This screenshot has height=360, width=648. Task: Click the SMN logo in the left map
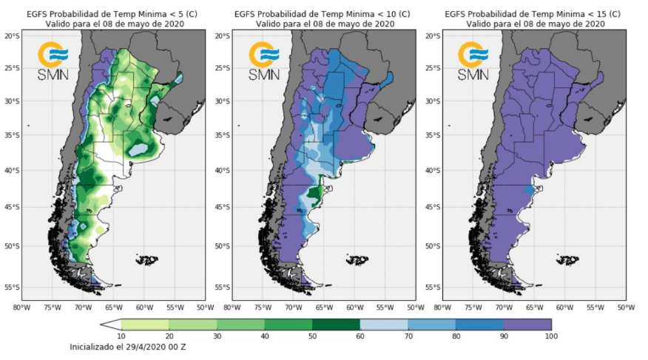(53, 61)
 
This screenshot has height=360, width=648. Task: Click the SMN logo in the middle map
(263, 61)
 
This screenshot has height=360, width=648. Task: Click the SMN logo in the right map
(473, 61)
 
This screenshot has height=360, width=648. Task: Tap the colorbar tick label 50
(312, 336)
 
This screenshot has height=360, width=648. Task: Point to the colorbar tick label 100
(550, 336)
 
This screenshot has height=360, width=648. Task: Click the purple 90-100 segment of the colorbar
(527, 324)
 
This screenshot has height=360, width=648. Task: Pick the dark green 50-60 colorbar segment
(336, 324)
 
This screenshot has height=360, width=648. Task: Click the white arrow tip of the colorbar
(110, 324)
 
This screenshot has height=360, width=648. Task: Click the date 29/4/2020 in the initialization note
(150, 346)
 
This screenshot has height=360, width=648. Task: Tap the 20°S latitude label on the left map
(12, 35)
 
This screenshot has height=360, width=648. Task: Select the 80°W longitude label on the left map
(21, 307)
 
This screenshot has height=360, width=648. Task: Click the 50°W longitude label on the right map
(625, 307)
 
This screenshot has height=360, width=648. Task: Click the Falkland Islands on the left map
(147, 259)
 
